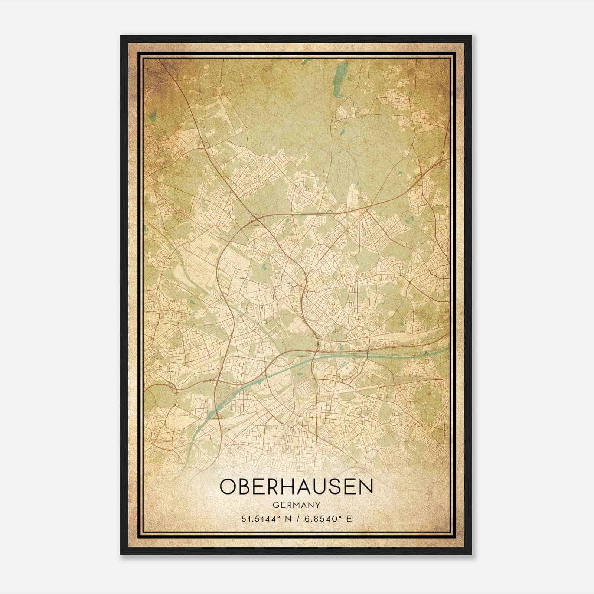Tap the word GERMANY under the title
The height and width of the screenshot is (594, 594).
[296, 505]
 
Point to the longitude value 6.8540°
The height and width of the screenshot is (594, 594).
[323, 519]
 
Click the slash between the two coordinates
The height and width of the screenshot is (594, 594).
[297, 519]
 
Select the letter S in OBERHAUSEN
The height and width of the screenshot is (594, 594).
[338, 487]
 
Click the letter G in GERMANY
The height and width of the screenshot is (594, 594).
[275, 505]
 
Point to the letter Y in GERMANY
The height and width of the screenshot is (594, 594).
[318, 505]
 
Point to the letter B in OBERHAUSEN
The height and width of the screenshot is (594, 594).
[246, 487]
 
